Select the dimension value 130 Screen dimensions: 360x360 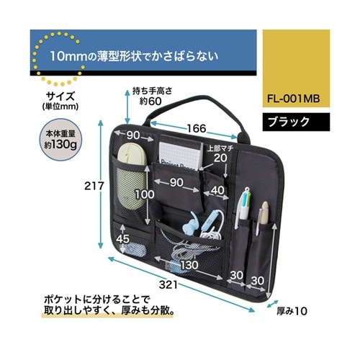coord(189,265)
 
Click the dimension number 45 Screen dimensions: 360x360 coord(123,239)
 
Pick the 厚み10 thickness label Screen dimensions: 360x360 coord(291,312)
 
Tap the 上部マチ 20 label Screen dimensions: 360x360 coord(218,153)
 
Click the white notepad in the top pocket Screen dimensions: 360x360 coord(179,153)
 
